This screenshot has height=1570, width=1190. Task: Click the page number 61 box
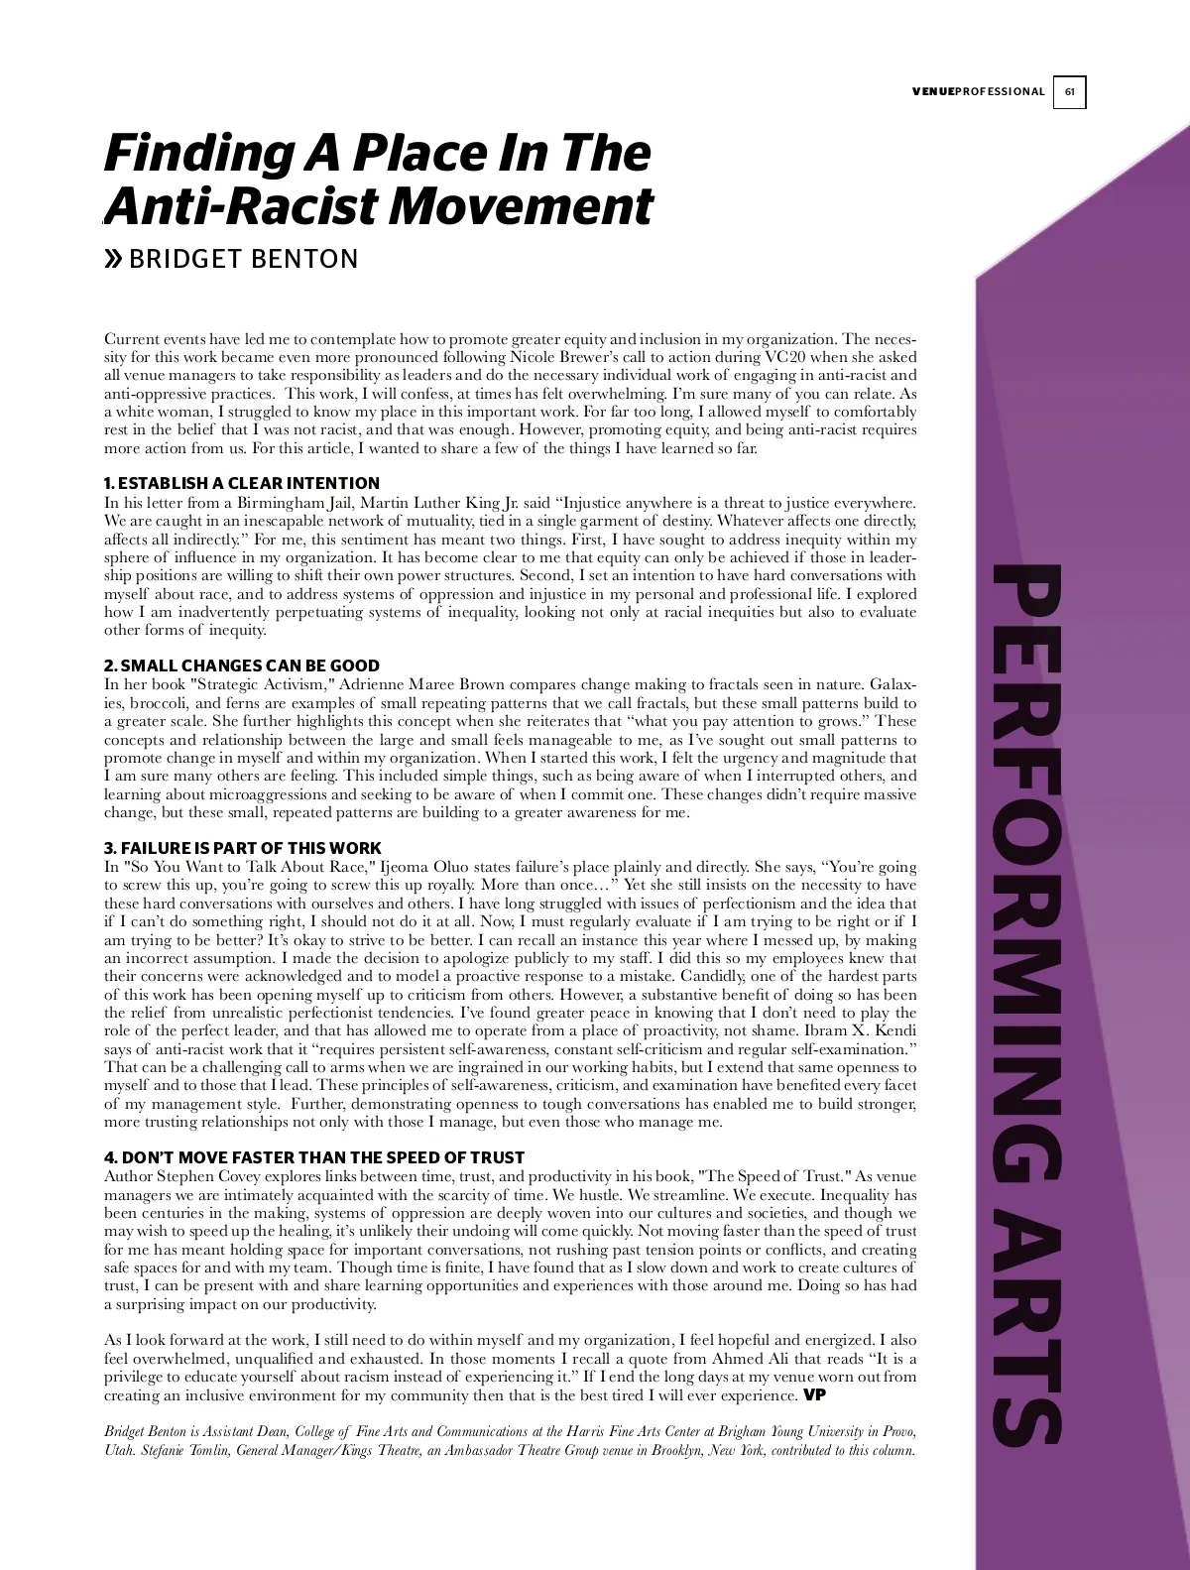point(1069,92)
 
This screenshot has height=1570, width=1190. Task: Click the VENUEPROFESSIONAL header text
point(978,92)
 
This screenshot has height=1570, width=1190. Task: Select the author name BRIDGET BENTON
point(244,259)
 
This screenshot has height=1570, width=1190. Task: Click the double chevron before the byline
point(114,260)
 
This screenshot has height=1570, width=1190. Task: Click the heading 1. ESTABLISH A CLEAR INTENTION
point(242,483)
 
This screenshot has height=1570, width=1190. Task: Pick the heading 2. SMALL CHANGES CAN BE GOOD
point(242,665)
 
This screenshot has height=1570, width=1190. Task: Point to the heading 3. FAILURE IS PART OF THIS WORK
point(243,848)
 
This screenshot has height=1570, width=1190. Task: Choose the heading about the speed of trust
point(314,1157)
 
